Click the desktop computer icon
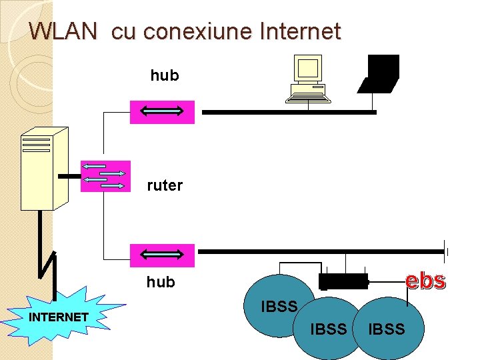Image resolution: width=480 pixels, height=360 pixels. tap(309, 79)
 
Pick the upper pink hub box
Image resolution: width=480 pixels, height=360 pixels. tap(162, 112)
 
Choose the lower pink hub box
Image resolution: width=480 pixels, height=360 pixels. tap(162, 255)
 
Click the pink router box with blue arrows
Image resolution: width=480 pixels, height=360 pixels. tap(105, 176)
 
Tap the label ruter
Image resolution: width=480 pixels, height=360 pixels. tap(164, 185)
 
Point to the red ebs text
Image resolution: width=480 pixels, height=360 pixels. tap(426, 281)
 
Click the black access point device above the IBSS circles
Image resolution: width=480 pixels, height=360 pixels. tap(343, 282)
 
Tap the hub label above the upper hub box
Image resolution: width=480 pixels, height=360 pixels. tap(164, 75)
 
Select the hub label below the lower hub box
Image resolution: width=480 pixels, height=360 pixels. tap(160, 282)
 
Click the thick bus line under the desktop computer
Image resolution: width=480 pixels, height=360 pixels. tap(289, 113)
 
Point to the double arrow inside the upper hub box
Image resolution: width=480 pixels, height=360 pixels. tap(162, 112)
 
